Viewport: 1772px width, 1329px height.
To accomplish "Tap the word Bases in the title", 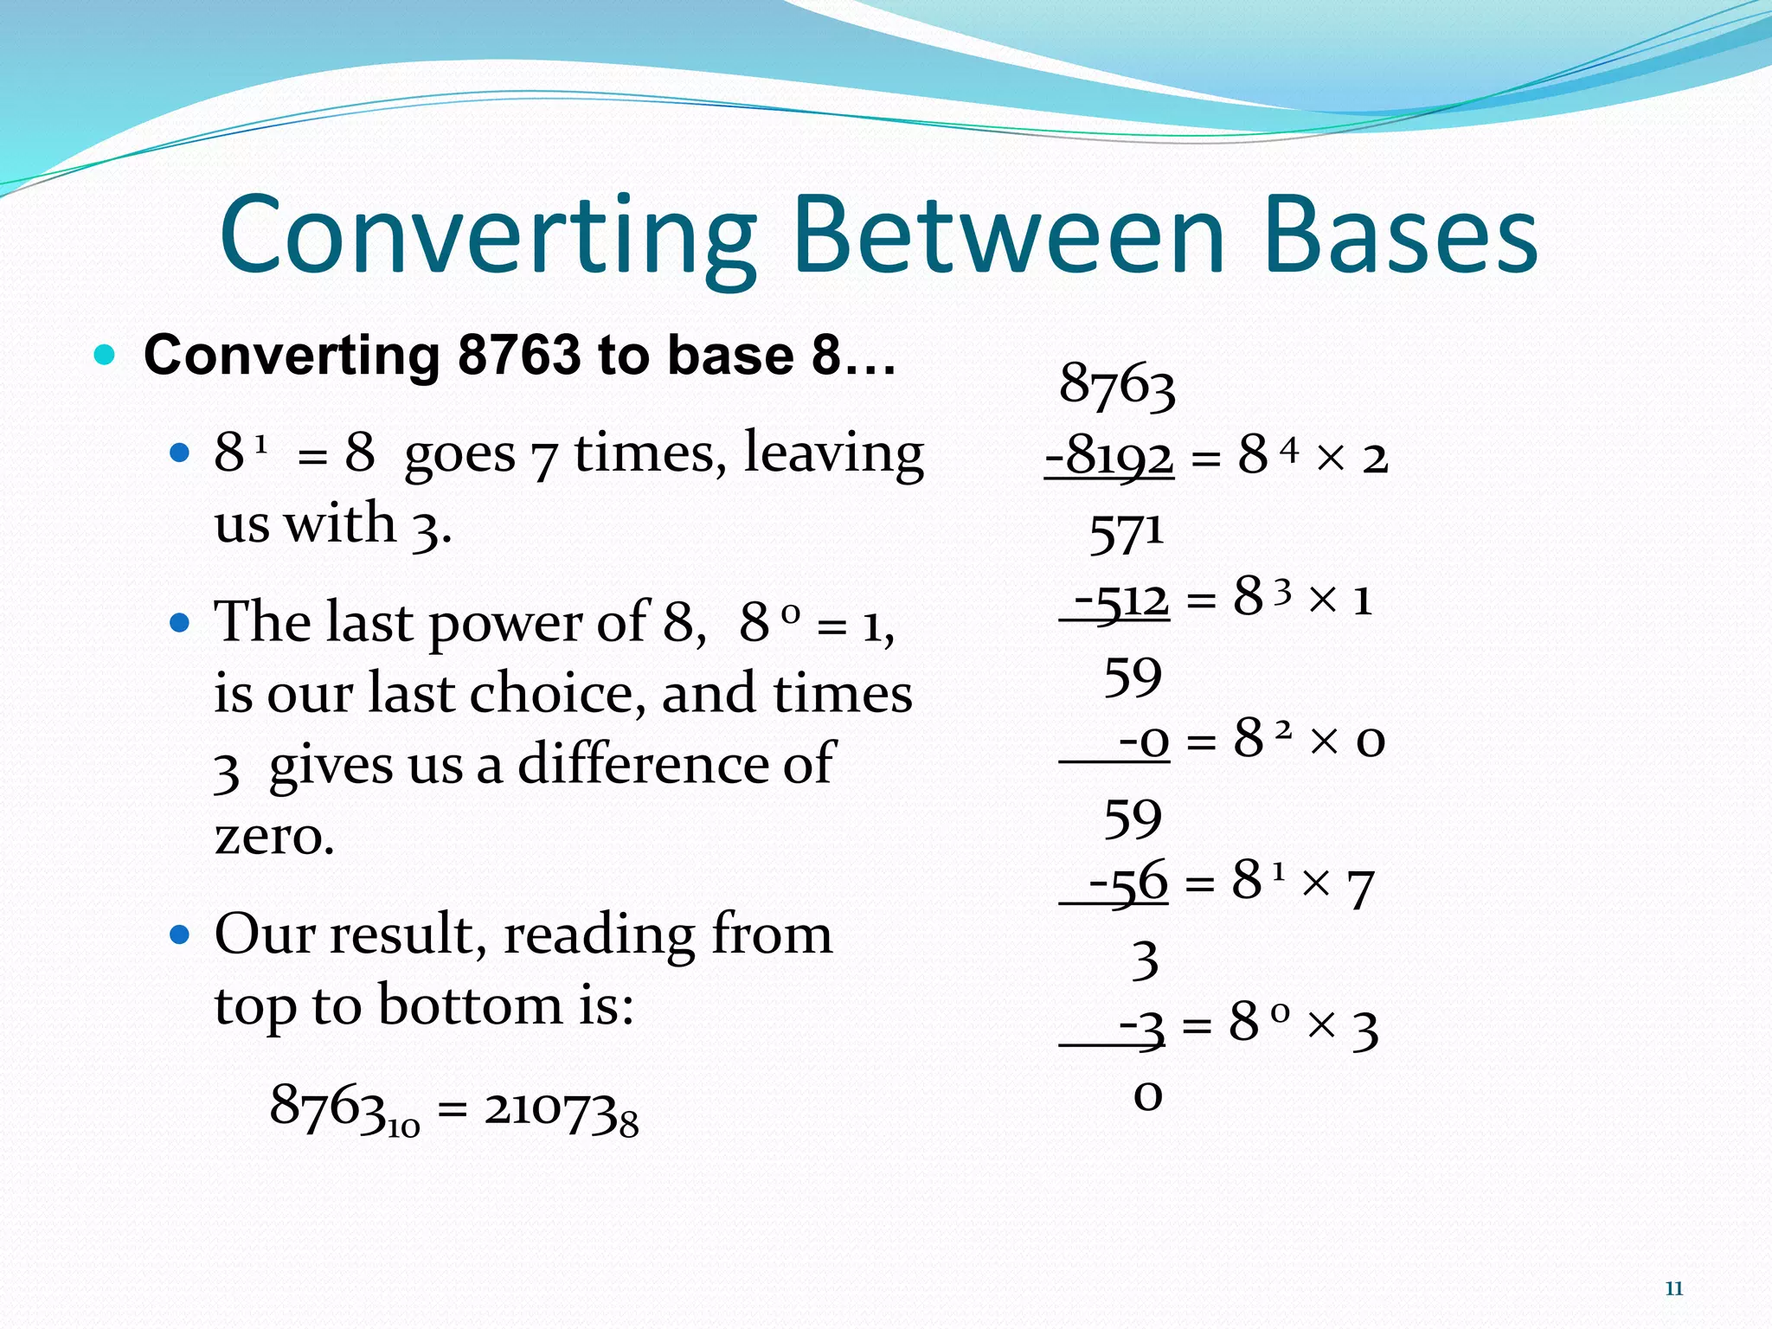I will coord(1400,235).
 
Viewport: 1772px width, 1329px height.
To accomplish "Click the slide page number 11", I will coord(1673,1288).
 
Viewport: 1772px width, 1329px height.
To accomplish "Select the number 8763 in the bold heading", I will coord(519,355).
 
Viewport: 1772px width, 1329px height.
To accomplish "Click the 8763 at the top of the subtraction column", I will coord(1117,383).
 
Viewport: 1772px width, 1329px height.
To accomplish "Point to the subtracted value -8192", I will coord(1110,455).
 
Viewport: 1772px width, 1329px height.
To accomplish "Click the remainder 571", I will coord(1126,533).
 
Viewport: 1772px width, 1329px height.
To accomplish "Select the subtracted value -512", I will coord(1121,598).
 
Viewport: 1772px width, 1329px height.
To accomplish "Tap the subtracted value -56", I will coord(1128,883).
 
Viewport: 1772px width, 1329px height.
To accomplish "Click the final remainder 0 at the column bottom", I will coord(1147,1095).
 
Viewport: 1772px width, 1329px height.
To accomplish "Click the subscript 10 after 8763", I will coord(403,1127).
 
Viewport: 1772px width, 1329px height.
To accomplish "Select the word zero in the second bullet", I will coord(273,836).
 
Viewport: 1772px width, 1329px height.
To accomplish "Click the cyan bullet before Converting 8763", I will coord(104,355).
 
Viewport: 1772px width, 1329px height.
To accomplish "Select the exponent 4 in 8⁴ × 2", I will coord(1289,449).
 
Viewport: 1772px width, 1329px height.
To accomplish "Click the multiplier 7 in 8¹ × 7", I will coord(1361,888).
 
